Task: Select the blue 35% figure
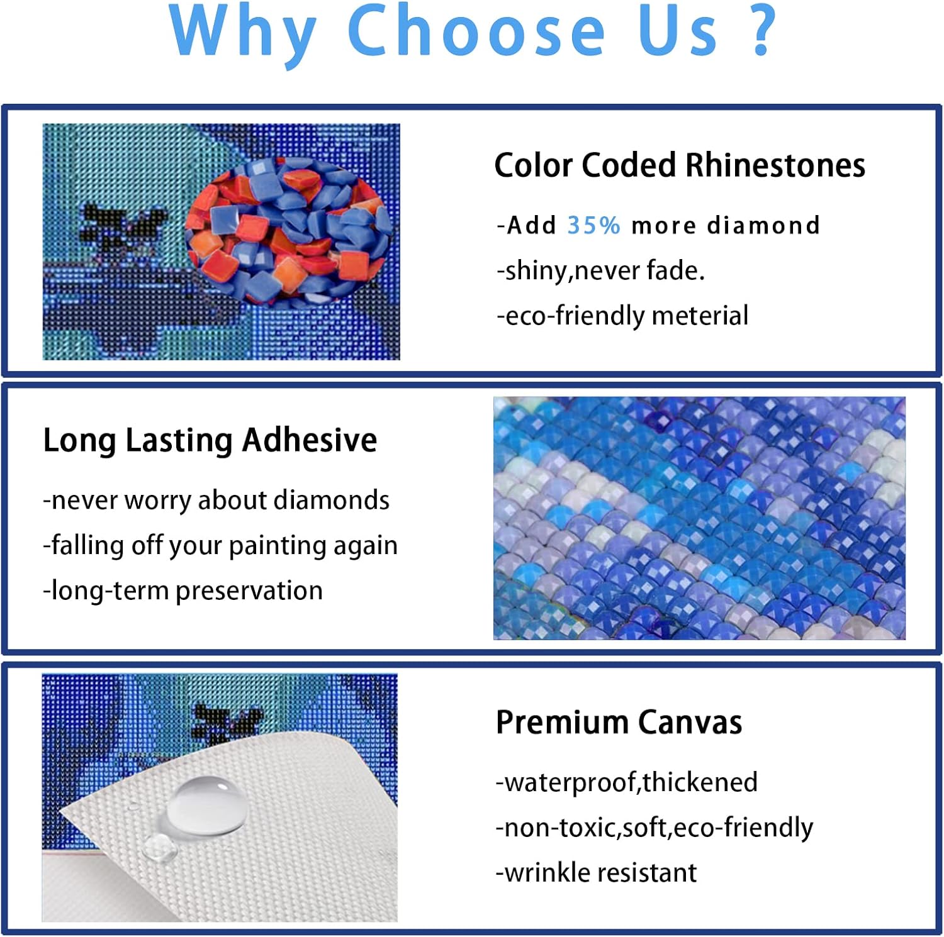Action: (x=593, y=225)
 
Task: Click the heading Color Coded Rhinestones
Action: (x=680, y=165)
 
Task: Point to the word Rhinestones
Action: (x=775, y=165)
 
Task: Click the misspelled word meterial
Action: (x=700, y=315)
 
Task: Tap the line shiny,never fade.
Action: (x=601, y=270)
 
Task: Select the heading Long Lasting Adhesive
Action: (x=210, y=440)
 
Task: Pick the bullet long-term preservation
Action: (x=183, y=590)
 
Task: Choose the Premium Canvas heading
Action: (x=619, y=722)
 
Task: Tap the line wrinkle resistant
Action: (x=596, y=872)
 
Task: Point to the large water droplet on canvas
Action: (x=206, y=804)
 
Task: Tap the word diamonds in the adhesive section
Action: (x=332, y=500)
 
